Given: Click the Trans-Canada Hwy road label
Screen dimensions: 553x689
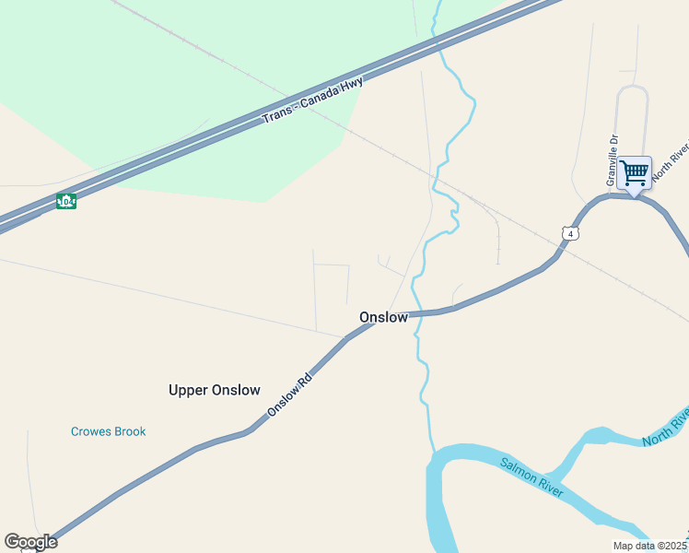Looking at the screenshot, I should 313,100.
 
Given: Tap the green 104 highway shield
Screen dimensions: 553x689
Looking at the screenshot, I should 65,201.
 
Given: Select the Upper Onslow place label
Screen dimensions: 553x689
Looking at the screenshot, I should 215,390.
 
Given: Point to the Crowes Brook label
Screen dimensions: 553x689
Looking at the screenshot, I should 109,431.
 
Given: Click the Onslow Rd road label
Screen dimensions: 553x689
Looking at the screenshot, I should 290,394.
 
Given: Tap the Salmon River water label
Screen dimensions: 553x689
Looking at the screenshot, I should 531,477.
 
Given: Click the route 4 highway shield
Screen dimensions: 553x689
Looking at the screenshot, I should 571,234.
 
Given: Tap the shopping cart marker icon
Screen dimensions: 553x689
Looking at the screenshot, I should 634,173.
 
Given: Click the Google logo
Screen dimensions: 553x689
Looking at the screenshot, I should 30,542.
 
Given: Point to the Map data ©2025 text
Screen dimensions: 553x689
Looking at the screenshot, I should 650,546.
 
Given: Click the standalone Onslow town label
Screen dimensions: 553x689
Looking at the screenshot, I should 383,317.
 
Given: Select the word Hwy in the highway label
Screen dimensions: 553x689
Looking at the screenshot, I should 352,84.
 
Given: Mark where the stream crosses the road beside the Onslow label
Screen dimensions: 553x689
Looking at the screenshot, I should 415,314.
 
